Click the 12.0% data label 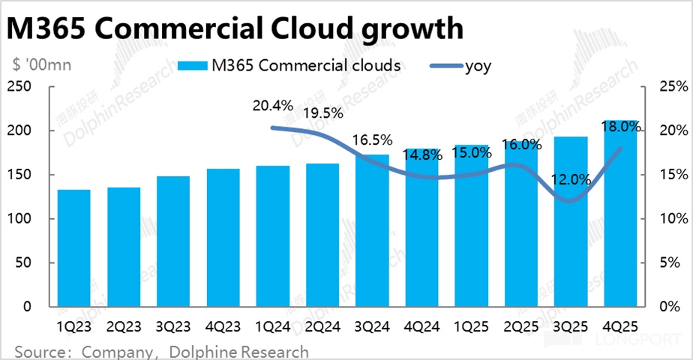pyautogui.click(x=570, y=181)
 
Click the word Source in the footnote pyautogui.click(x=39, y=351)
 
